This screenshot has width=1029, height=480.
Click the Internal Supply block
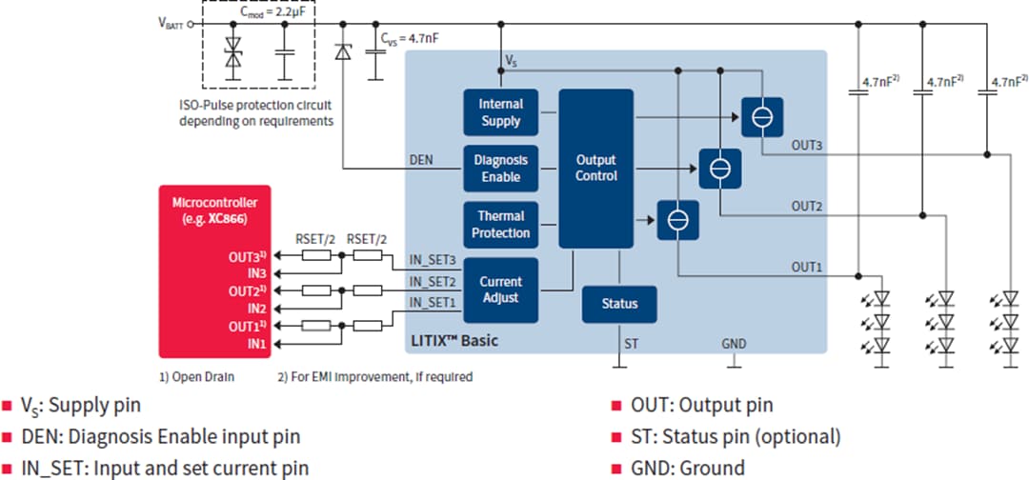[x=500, y=112]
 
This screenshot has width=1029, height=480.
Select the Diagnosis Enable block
[x=500, y=169]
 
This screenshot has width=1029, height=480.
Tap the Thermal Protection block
[x=500, y=225]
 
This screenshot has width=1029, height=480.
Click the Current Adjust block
[x=500, y=290]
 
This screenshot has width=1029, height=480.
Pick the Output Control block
[x=595, y=169]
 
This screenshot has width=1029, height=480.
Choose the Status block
[x=619, y=304]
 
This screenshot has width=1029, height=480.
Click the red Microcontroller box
[x=220, y=271]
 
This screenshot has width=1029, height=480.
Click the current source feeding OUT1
[x=677, y=221]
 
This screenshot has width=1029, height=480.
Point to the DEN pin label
[x=421, y=160]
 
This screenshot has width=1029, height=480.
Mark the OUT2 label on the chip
[x=806, y=206]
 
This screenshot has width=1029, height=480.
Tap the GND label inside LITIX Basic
[x=734, y=343]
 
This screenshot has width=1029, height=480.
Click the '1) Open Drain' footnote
[x=197, y=376]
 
